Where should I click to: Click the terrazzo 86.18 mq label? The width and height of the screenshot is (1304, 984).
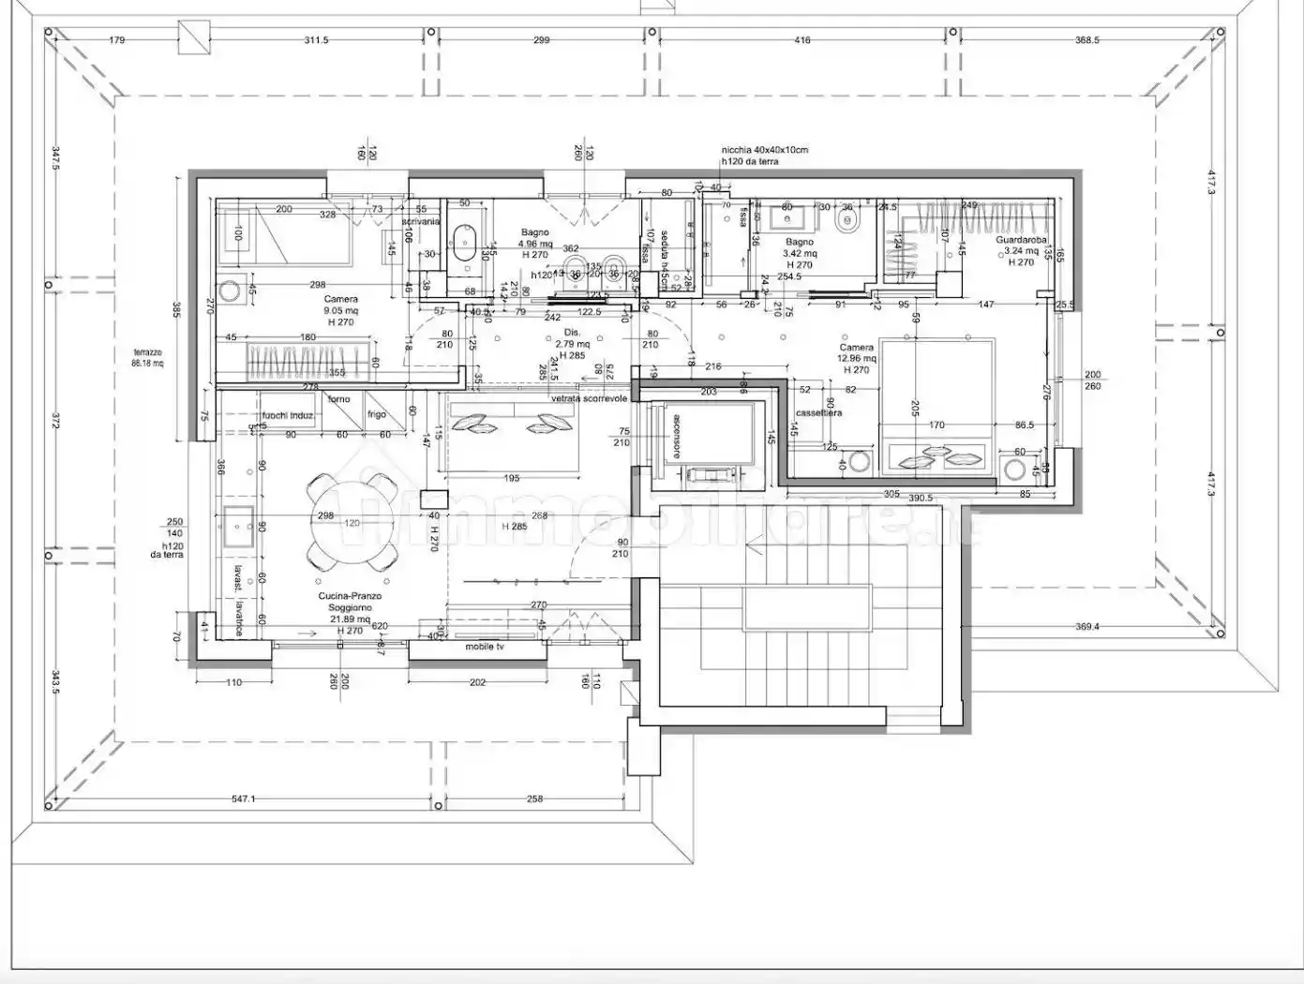(147, 357)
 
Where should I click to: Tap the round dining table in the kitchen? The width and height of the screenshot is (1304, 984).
(351, 523)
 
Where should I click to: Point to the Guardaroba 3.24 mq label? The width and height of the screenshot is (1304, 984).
(1021, 250)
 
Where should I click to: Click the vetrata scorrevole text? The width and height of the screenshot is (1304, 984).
(589, 398)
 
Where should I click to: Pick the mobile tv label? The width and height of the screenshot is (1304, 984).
(486, 647)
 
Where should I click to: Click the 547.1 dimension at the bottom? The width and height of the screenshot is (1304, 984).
(243, 799)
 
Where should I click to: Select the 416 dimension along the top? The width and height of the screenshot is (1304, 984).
(802, 40)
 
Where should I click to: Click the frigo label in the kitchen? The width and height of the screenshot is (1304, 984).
(376, 414)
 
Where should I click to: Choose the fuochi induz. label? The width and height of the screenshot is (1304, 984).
(288, 415)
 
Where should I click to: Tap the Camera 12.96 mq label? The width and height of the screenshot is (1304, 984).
(856, 358)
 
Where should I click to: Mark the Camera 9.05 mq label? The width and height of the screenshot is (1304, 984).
(340, 310)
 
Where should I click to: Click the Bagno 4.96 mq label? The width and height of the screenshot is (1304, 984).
(534, 244)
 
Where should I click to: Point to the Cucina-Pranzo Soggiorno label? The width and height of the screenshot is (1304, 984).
(348, 607)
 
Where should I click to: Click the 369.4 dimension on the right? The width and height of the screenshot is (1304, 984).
(1086, 627)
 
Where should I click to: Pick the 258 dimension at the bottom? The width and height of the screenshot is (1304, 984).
(533, 799)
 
